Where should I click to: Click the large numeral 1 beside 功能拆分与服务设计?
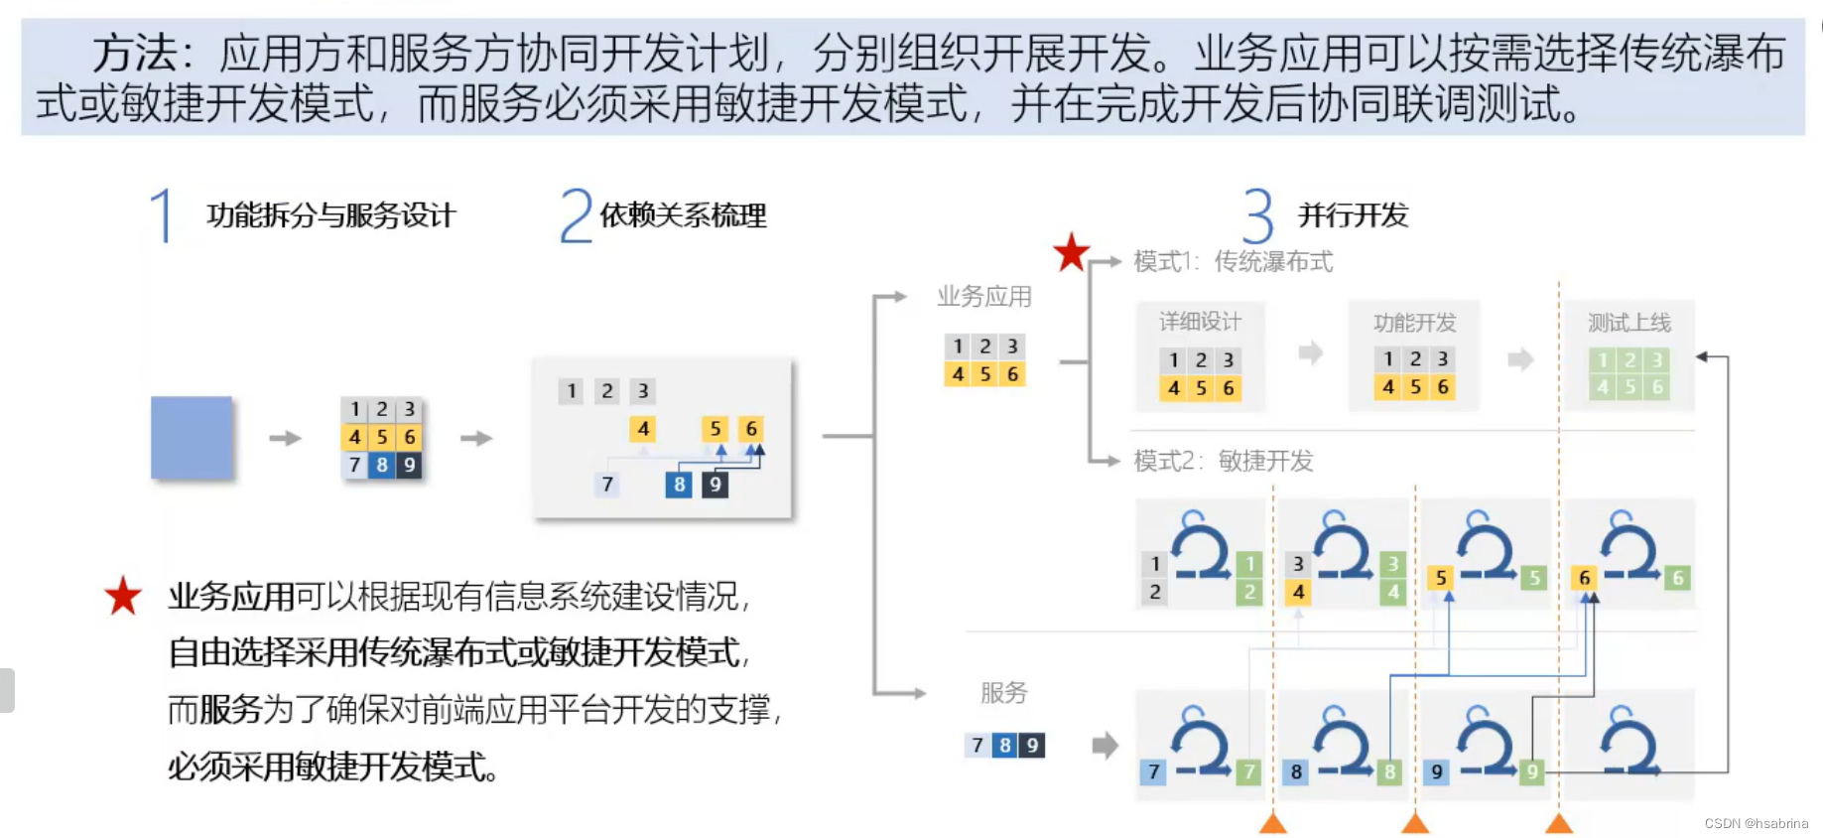tap(162, 215)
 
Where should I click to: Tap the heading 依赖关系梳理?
tap(683, 215)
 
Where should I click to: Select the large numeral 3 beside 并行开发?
tap(1257, 215)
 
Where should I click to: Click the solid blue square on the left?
tap(192, 438)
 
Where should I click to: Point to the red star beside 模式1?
tap(1071, 253)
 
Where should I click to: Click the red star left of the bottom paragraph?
tap(123, 596)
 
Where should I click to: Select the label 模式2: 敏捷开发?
tap(1224, 461)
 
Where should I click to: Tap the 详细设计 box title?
tap(1200, 322)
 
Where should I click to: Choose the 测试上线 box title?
tap(1628, 323)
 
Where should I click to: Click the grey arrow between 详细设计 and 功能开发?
tap(1311, 352)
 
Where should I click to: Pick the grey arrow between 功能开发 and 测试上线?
tap(1520, 358)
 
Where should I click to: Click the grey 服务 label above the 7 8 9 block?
tap(1003, 693)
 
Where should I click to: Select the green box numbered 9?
tap(1532, 771)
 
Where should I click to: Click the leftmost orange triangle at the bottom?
tap(1273, 823)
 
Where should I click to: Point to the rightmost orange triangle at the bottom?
tap(1559, 823)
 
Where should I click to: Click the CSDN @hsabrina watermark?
tap(1756, 823)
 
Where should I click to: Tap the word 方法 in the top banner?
tap(134, 54)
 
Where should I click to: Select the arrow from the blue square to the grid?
tap(285, 438)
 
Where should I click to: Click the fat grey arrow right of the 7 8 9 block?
tap(1105, 746)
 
